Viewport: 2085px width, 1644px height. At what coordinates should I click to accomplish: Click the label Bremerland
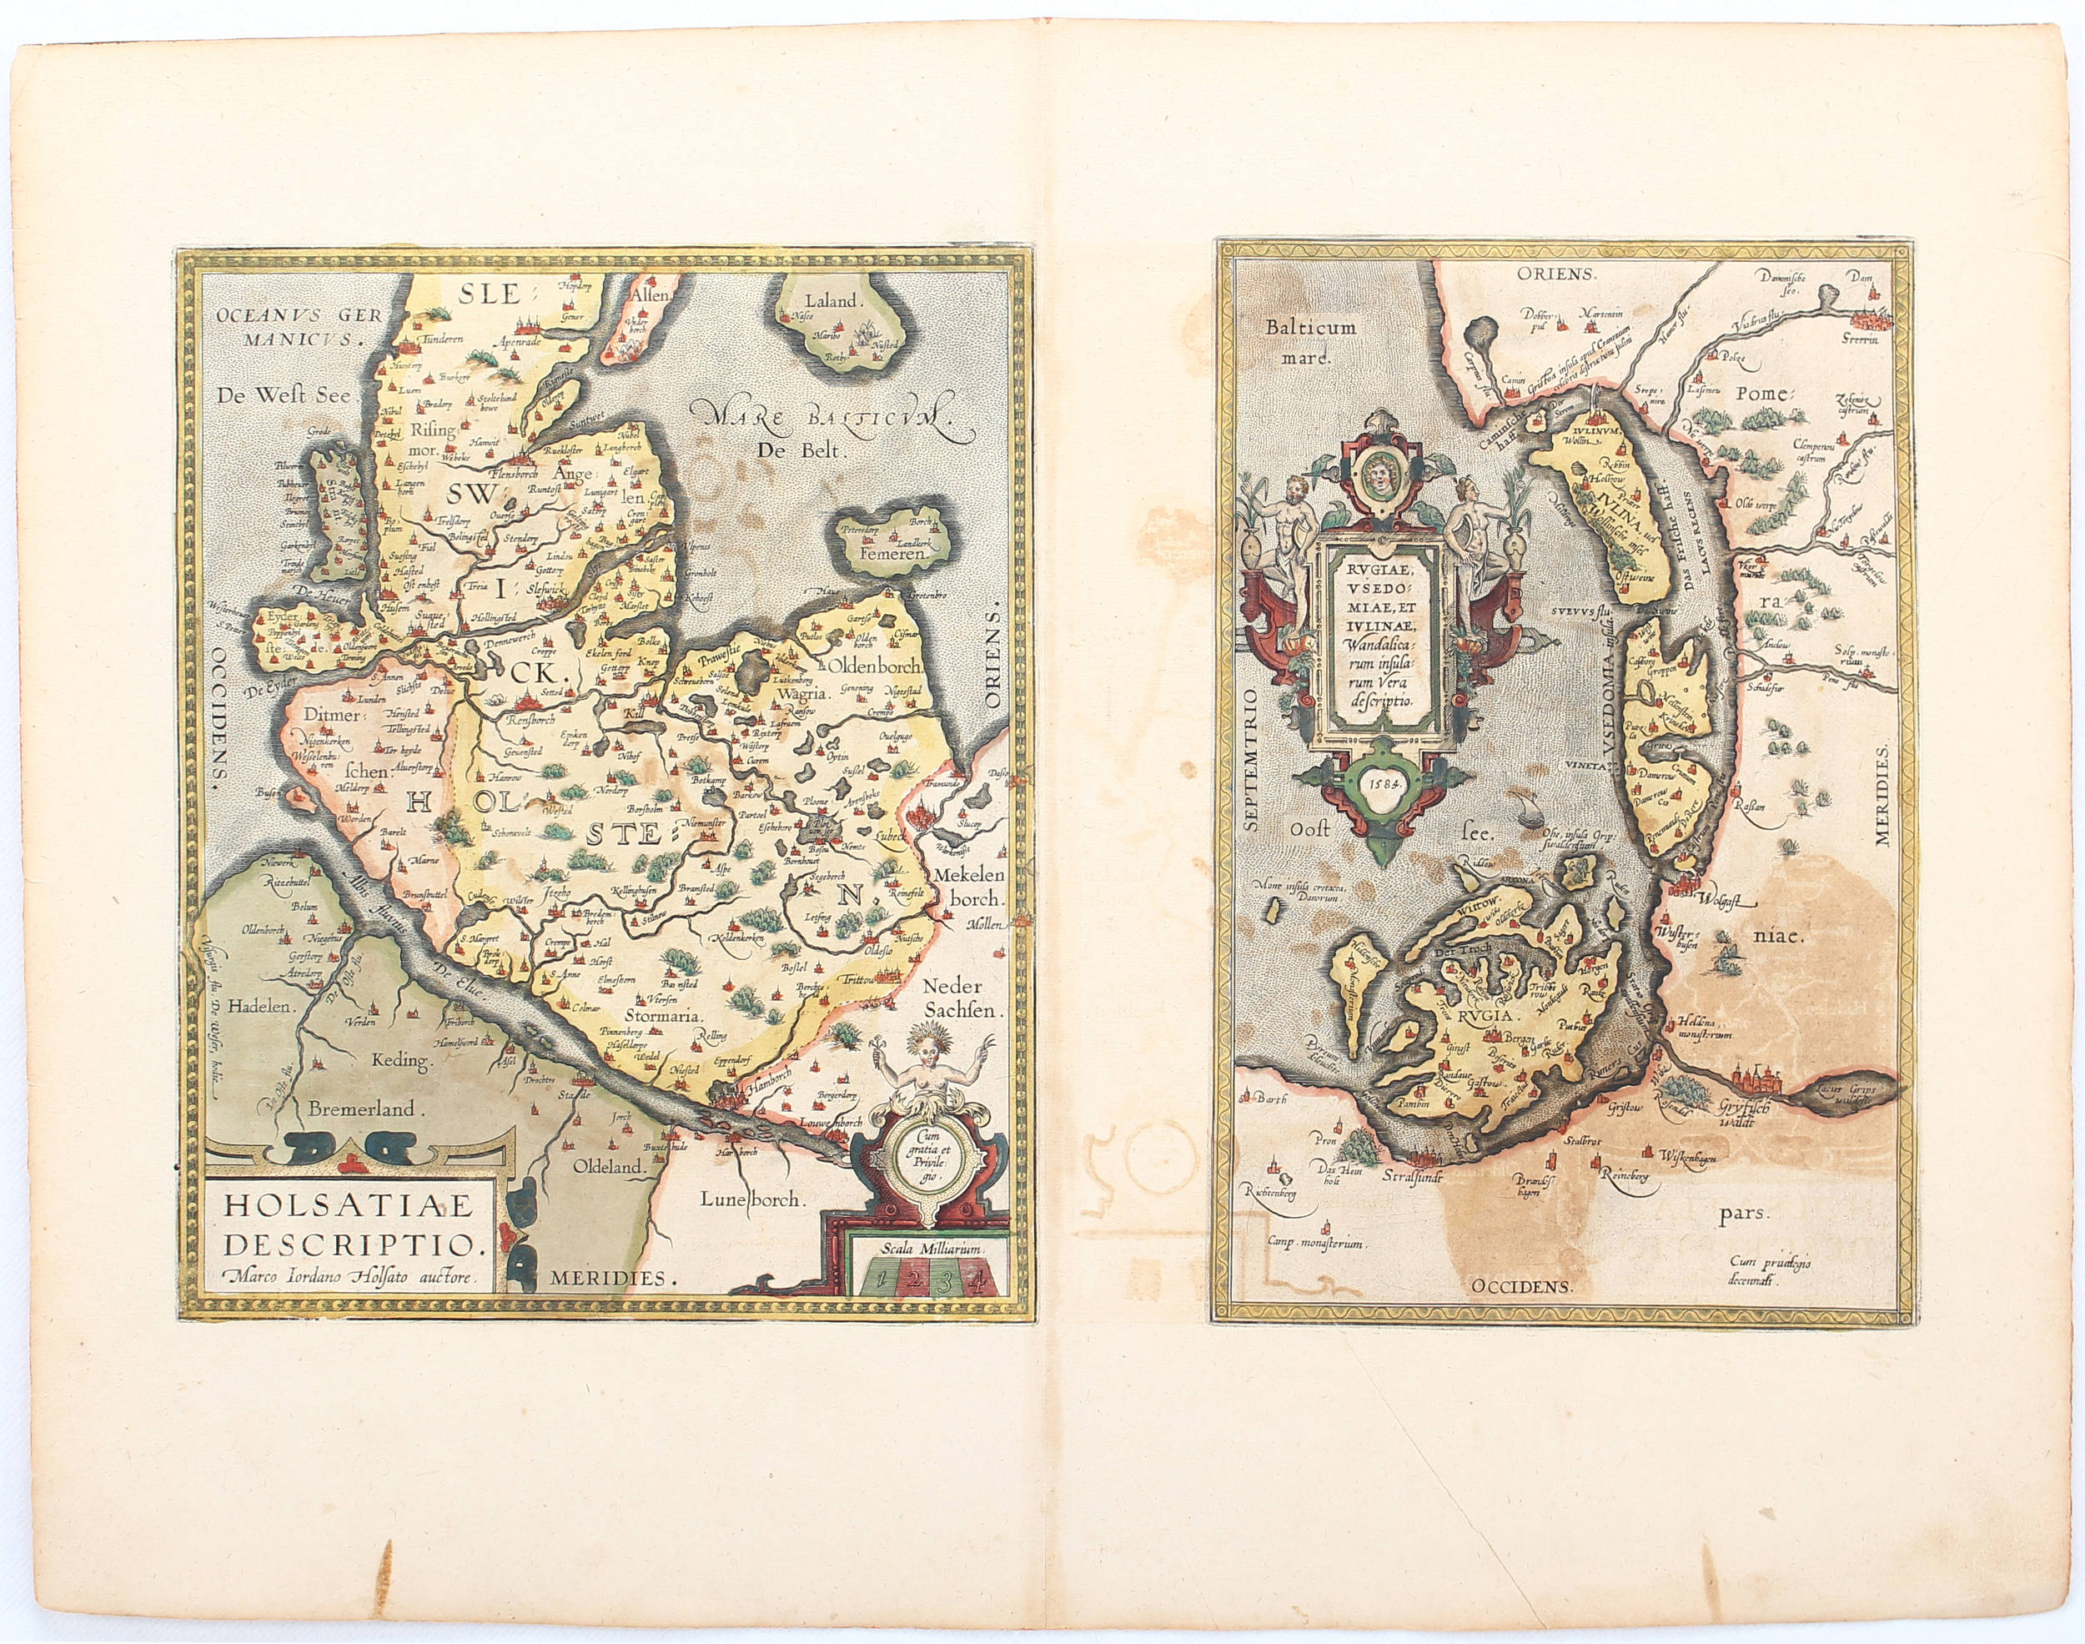[362, 1109]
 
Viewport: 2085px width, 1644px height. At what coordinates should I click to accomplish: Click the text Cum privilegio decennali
[1768, 1271]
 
